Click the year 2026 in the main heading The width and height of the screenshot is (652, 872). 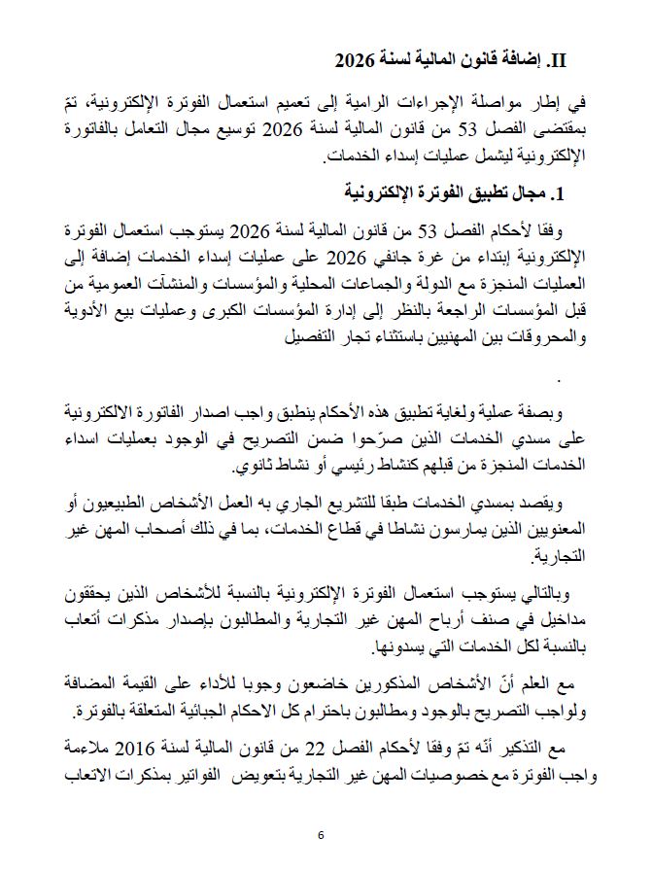[354, 61]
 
